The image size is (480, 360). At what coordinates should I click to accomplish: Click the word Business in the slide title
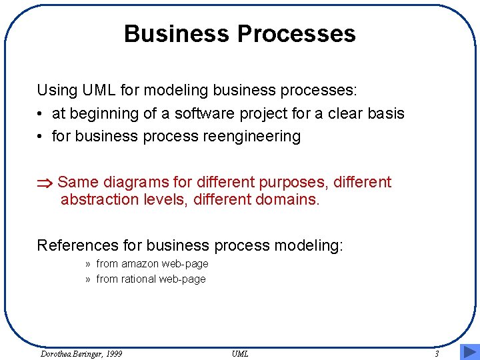pos(176,33)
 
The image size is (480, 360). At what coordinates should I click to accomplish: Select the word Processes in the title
pos(296,33)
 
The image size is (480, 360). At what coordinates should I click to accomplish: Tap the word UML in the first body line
pos(99,90)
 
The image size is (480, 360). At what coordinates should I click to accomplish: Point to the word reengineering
pos(252,137)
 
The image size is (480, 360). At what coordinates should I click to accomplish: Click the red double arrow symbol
pos(45,183)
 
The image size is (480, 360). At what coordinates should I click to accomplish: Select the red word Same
pos(78,182)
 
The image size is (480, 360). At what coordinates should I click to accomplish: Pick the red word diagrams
pos(136,183)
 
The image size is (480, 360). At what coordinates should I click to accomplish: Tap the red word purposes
pos(292,183)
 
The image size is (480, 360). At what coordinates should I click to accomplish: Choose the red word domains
pos(287,199)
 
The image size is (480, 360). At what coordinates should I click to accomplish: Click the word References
pos(78,245)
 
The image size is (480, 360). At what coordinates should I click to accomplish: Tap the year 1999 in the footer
pos(114,354)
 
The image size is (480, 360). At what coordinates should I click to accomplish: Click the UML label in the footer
pos(240,354)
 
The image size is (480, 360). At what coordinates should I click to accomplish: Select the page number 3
pos(437,354)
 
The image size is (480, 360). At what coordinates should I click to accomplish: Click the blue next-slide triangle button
pos(470,352)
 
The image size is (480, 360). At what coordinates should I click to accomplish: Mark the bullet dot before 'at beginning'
pos(39,114)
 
